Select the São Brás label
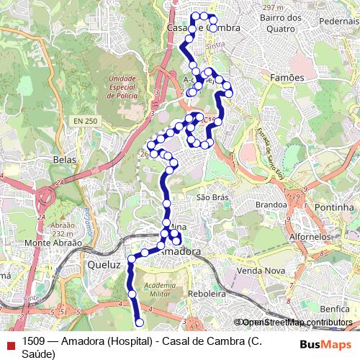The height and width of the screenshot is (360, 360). point(212,196)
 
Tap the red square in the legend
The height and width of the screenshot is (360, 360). point(10,344)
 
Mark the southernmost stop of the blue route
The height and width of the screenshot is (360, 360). point(139,323)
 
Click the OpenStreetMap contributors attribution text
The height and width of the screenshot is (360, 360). point(295,323)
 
